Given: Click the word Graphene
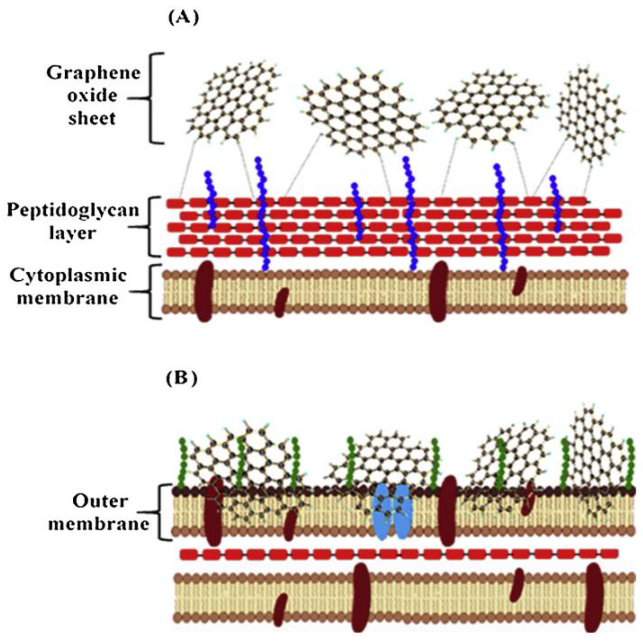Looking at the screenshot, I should click(x=93, y=73).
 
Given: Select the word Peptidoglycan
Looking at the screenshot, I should click(x=73, y=210).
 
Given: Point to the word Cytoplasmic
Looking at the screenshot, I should click(x=68, y=276).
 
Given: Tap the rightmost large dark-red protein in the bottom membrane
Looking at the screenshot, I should click(x=594, y=597).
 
